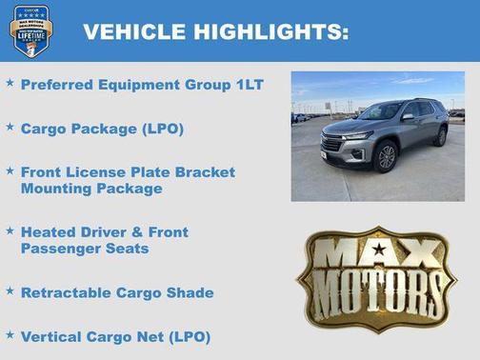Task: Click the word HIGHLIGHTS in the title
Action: pos(270,32)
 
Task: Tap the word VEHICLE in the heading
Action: pos(134,32)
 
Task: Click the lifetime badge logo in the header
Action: pos(30,30)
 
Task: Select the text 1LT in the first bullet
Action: pos(249,85)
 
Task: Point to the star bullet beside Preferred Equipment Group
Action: pos(10,84)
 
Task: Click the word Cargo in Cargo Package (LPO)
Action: pos(43,127)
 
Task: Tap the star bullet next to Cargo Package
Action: pos(10,126)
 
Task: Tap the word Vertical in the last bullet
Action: pos(52,336)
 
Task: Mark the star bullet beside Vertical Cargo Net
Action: pos(10,335)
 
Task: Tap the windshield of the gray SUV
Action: pos(380,112)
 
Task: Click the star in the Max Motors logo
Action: pos(378,250)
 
